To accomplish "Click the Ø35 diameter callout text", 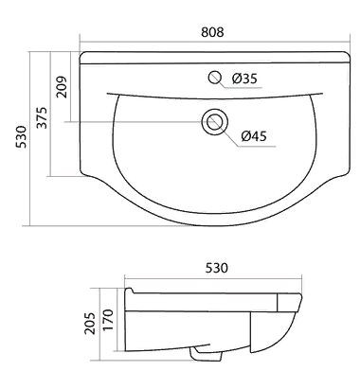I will [244, 79].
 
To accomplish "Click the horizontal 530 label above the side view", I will [217, 268].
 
